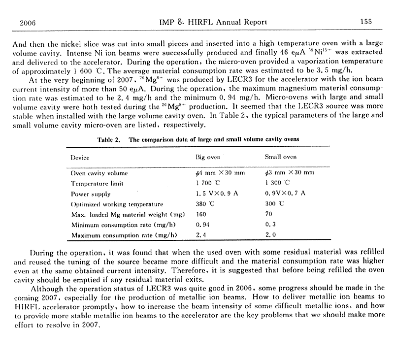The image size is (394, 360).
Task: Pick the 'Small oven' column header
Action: pos(281,158)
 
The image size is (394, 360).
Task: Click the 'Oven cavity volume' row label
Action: pos(99,173)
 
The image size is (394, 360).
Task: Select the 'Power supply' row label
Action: pos(91,194)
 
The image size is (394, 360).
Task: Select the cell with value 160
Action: pos(201,214)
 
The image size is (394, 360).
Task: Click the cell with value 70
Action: pos(268,214)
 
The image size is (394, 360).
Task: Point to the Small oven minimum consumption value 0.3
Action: pos(269,225)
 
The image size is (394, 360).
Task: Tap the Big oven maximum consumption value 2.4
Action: pos(200,235)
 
